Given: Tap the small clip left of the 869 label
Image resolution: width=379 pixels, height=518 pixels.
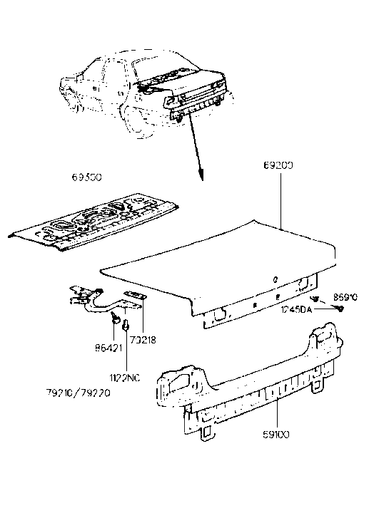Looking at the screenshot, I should click(x=315, y=298).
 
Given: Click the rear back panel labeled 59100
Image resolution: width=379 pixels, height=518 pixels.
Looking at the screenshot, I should click(x=243, y=385).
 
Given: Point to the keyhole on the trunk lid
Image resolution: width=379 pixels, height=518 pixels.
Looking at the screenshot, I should click(x=276, y=279).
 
